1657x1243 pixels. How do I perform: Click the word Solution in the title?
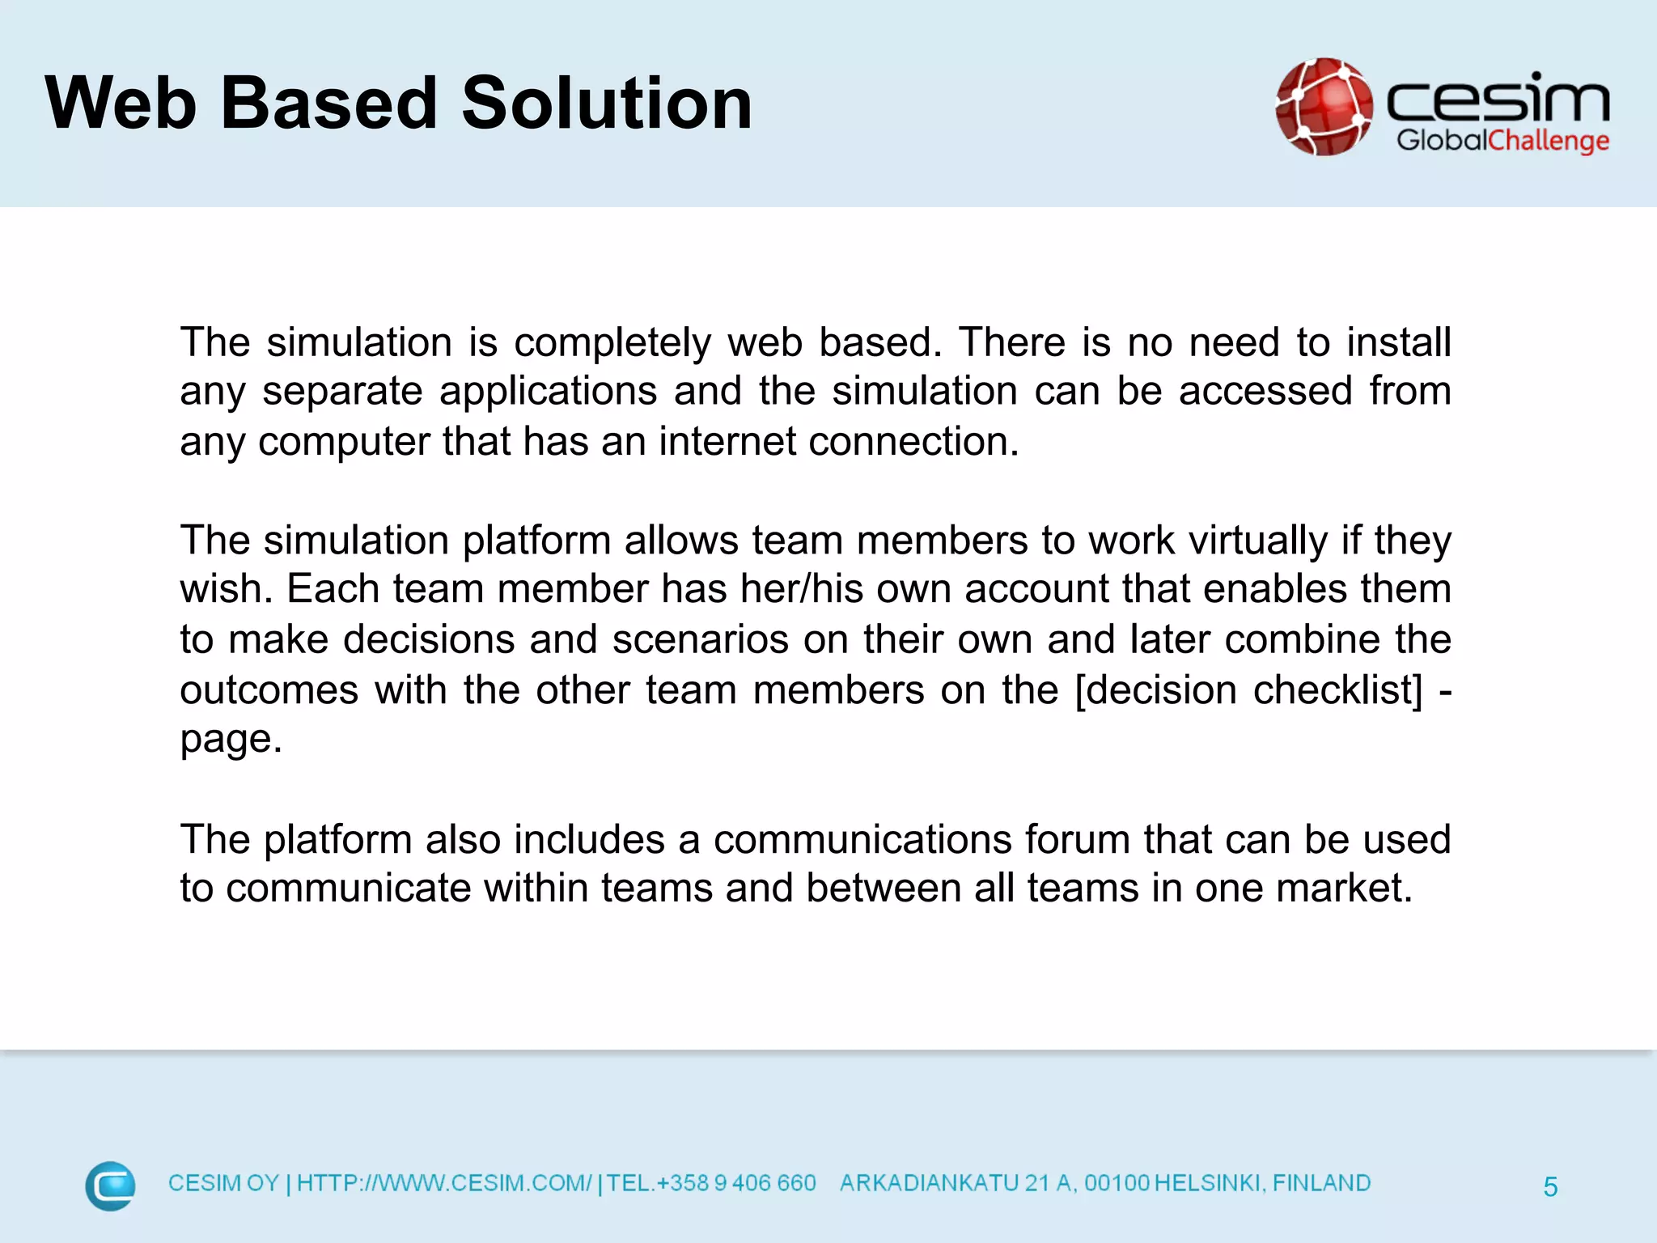tap(607, 104)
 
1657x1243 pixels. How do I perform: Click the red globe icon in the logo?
tap(1324, 107)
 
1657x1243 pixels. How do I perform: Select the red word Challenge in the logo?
tap(1549, 141)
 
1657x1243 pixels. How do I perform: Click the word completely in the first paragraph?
tap(612, 343)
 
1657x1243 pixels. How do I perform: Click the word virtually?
tap(1258, 541)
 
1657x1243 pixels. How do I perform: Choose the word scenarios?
tap(700, 640)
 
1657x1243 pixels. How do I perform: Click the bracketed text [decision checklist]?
tap(1248, 690)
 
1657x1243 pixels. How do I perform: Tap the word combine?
tap(1303, 639)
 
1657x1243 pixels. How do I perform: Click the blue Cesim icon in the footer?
tap(110, 1186)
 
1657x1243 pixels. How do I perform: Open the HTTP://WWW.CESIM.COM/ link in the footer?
tap(444, 1183)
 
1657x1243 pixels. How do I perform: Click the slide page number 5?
tap(1550, 1187)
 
